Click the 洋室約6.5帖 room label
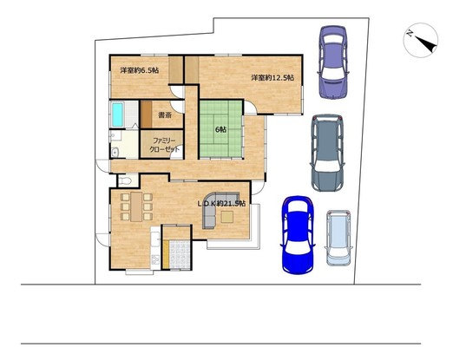point(140,70)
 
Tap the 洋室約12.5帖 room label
point(272,78)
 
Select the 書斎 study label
point(165,115)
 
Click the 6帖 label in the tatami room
point(220,129)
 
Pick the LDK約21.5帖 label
point(222,204)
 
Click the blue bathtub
point(118,115)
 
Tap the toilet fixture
point(125,180)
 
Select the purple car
point(333,62)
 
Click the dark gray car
point(327,153)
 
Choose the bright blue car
point(298,235)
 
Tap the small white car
point(338,238)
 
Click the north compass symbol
point(421,40)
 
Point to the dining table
point(136,206)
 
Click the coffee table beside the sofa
point(227,217)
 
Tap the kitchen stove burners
point(155,260)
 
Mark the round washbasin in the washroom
point(115,153)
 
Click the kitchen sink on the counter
point(155,239)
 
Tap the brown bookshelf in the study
point(146,115)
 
